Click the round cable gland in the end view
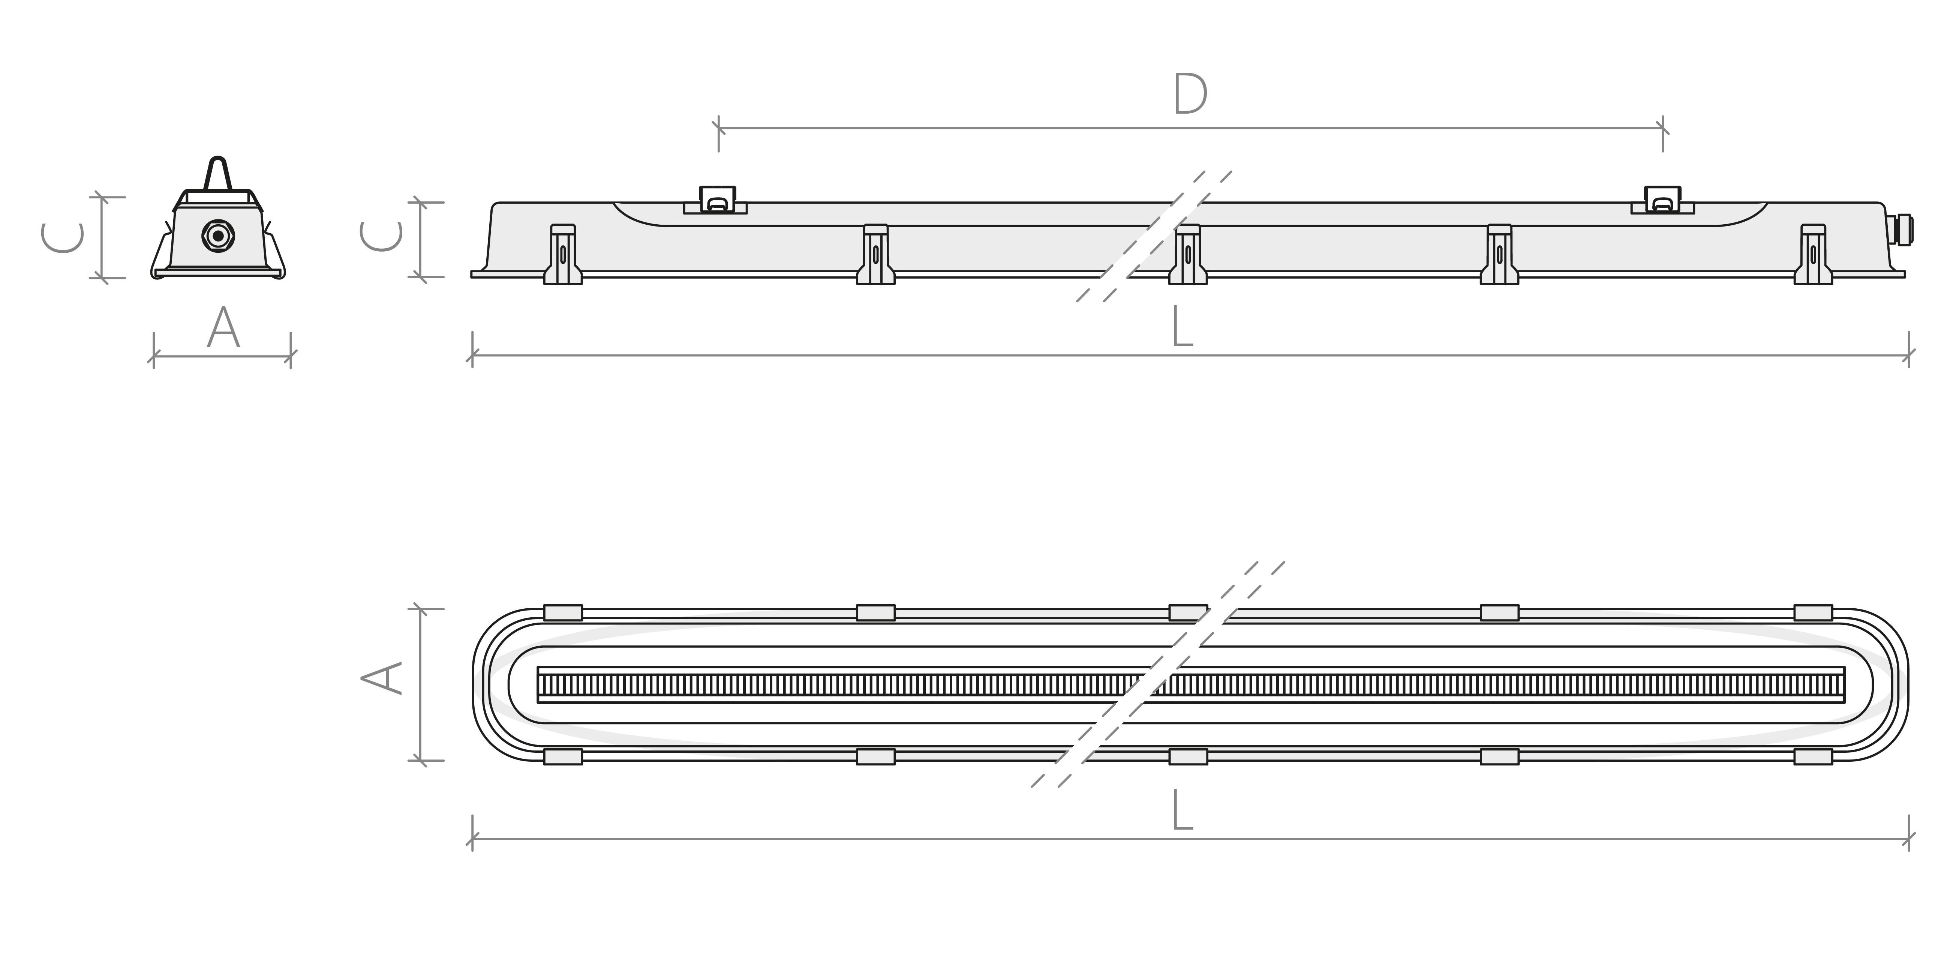pos(218,236)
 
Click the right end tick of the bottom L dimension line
pos(1909,839)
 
